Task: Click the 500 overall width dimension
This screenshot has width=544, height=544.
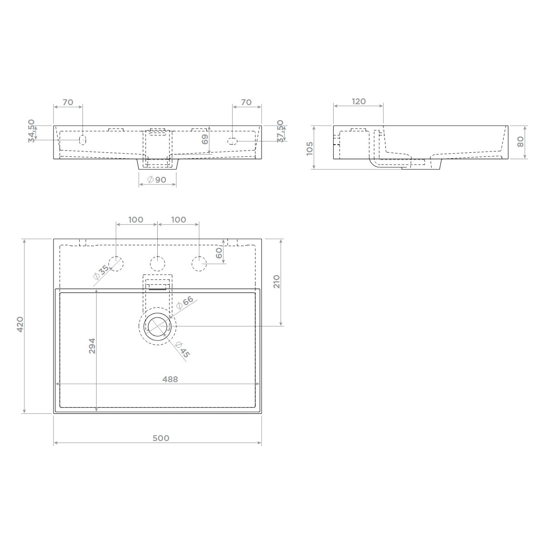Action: [161, 438]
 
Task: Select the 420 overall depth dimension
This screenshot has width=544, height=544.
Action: [20, 325]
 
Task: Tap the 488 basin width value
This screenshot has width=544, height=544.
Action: [170, 379]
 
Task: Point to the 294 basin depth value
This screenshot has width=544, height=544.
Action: [92, 346]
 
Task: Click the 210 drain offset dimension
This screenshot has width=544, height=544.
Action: [277, 282]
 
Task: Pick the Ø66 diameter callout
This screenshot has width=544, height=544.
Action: [185, 302]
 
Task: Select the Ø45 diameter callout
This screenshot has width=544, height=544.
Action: [182, 350]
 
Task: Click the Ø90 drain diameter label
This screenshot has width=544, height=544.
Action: [157, 180]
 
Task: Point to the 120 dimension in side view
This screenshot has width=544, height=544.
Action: [359, 102]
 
